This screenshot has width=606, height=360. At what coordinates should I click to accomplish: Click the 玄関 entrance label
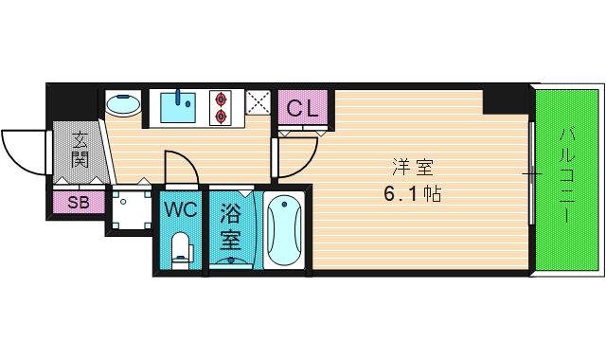point(80,149)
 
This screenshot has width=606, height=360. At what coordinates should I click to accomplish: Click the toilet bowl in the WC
point(181,251)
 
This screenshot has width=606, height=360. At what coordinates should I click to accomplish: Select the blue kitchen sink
point(179,107)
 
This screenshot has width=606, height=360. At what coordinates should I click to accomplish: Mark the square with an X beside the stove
point(257,106)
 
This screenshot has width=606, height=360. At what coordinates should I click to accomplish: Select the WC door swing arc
point(181,167)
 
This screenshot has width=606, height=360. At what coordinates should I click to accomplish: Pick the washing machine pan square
point(128,207)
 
